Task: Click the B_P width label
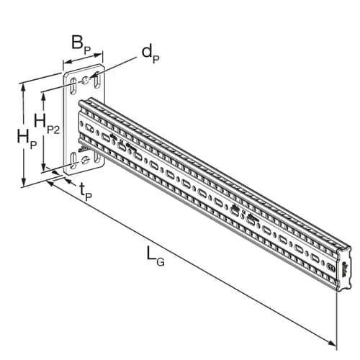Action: pyautogui.click(x=81, y=45)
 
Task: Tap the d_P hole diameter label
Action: pyautogui.click(x=150, y=55)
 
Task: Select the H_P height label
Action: pyautogui.click(x=27, y=139)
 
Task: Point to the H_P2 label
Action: pyautogui.click(x=47, y=125)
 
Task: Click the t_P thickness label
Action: pyautogui.click(x=86, y=192)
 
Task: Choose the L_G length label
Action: pyautogui.click(x=156, y=258)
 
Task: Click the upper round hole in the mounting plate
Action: pyautogui.click(x=86, y=80)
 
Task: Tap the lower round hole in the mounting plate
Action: pyautogui.click(x=85, y=160)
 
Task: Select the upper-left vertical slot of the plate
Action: pyautogui.click(x=73, y=86)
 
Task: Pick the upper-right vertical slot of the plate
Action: pyautogui.click(x=97, y=79)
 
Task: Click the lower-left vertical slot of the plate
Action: pyautogui.click(x=73, y=161)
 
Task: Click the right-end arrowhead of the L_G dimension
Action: pyautogui.click(x=333, y=343)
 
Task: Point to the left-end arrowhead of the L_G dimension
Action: pyautogui.click(x=51, y=184)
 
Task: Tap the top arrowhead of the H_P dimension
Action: pyautogui.click(x=23, y=88)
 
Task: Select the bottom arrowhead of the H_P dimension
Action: pyautogui.click(x=23, y=181)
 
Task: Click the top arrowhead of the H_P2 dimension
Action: pyautogui.click(x=44, y=96)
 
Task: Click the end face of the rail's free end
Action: pyautogui.click(x=345, y=268)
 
